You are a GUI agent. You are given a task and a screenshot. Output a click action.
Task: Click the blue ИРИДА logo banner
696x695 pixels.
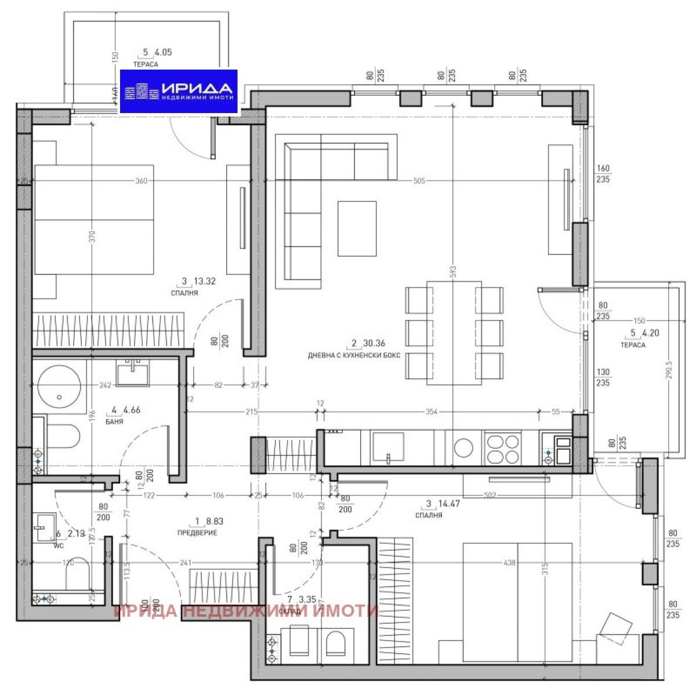(179, 91)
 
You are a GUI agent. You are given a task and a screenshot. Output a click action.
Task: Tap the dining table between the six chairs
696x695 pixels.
(454, 332)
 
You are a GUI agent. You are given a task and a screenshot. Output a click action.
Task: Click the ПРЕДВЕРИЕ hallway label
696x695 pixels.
(198, 532)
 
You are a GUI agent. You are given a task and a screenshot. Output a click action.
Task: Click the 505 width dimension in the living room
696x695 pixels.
(419, 181)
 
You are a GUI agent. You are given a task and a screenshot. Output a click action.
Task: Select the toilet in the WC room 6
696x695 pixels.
(75, 574)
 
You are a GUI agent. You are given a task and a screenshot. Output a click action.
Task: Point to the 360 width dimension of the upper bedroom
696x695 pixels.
(141, 181)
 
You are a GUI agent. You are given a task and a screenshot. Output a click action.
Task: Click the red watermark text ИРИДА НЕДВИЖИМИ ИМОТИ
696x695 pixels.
(246, 611)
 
